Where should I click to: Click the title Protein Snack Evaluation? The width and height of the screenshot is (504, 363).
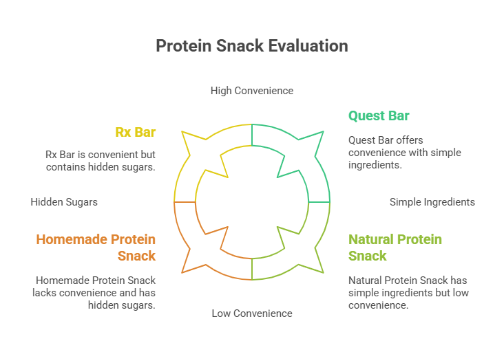click(x=252, y=46)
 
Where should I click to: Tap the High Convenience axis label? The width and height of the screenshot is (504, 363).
click(x=252, y=91)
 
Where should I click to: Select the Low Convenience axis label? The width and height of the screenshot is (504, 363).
click(x=252, y=313)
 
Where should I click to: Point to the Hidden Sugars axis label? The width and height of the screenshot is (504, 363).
click(x=64, y=202)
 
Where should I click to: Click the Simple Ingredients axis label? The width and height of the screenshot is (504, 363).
click(x=432, y=202)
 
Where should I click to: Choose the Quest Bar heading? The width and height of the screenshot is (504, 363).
click(x=379, y=115)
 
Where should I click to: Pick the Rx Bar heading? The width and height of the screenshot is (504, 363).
click(x=136, y=133)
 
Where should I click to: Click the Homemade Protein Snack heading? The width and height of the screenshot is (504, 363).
click(x=96, y=247)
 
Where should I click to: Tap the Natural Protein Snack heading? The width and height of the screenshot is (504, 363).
click(x=395, y=247)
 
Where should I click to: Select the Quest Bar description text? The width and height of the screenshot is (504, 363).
click(x=395, y=153)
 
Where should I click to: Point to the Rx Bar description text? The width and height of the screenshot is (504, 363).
click(x=101, y=160)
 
